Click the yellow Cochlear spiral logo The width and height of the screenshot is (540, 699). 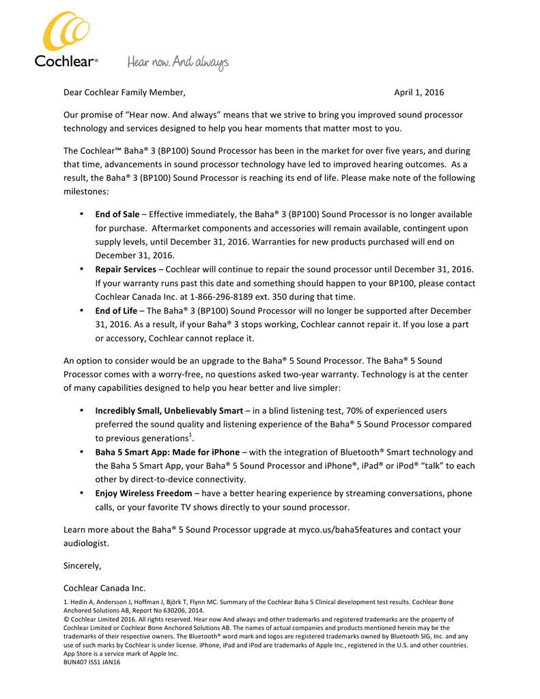pos(66,32)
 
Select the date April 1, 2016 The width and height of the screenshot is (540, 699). pos(418,92)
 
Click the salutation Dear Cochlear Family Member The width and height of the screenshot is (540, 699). pos(124,92)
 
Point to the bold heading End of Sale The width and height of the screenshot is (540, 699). pos(117,214)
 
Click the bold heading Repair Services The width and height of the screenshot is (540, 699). pos(125,270)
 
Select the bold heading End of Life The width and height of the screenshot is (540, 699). pos(116,311)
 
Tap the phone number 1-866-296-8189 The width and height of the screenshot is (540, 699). pos(230,297)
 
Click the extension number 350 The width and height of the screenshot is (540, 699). pos(287,297)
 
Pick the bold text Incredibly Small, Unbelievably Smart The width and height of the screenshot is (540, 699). pos(169,411)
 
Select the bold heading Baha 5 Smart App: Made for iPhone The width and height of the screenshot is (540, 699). pos(167,452)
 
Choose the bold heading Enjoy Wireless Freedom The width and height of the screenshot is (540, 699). pos(143,493)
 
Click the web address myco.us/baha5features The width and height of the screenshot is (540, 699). pos(346,530)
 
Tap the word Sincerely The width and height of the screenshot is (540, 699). pos(82,566)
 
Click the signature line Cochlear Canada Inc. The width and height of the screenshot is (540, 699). pos(104,588)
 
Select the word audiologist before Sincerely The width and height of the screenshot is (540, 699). pos(85,543)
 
